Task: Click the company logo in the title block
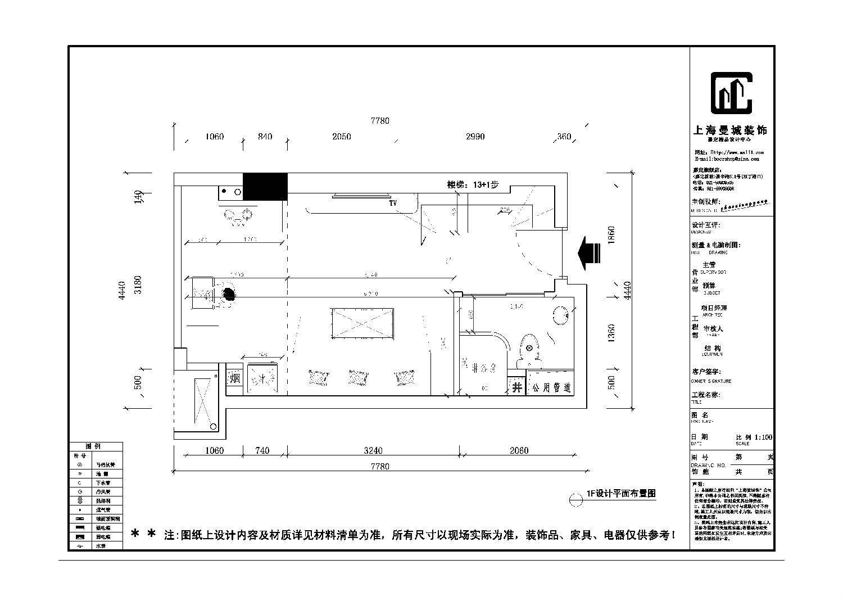pyautogui.click(x=731, y=93)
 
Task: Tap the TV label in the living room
pyautogui.click(x=393, y=203)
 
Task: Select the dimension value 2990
pyautogui.click(x=475, y=137)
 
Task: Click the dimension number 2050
pyautogui.click(x=341, y=137)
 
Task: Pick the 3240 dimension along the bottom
pyautogui.click(x=373, y=450)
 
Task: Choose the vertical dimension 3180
pyautogui.click(x=139, y=284)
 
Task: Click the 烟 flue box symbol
pyautogui.click(x=234, y=379)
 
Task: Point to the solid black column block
pyautogui.click(x=265, y=187)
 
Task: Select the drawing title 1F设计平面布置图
pyautogui.click(x=621, y=493)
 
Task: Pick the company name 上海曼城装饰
pyautogui.click(x=730, y=130)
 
